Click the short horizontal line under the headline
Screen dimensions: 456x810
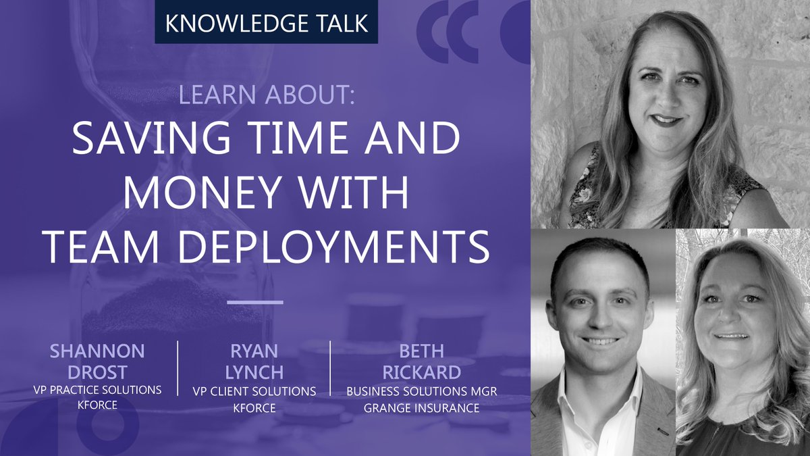click(254, 302)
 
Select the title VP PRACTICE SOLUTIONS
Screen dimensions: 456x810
click(97, 389)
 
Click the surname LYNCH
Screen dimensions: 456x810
click(254, 372)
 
